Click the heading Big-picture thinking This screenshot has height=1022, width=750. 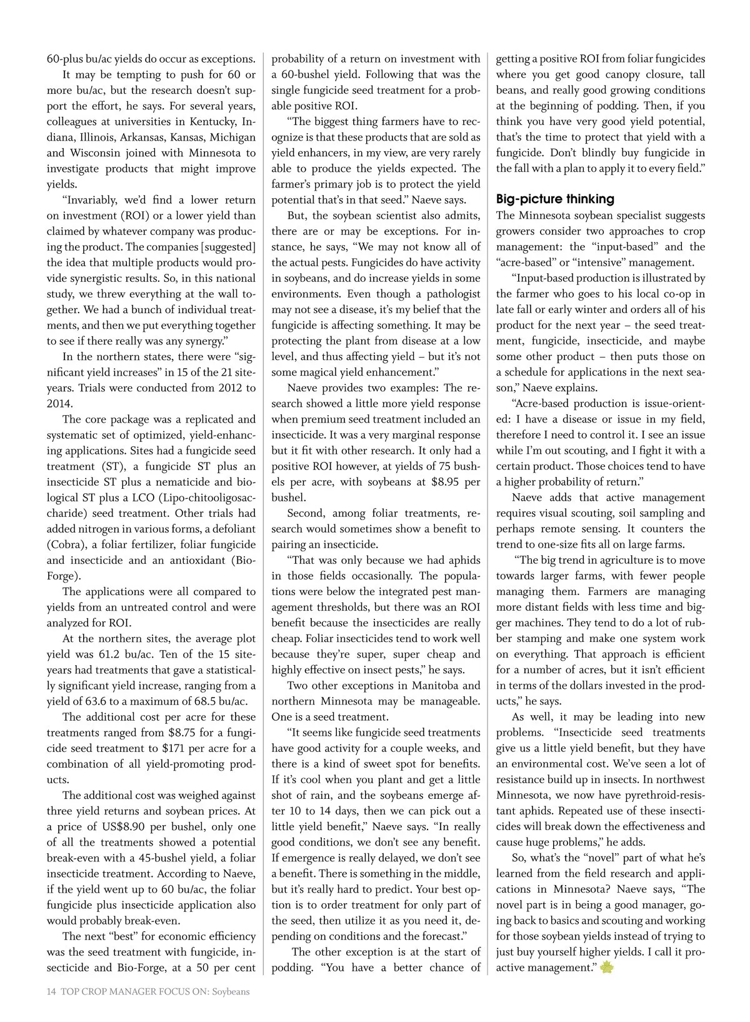[555, 199]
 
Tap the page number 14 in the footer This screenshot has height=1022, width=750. [52, 991]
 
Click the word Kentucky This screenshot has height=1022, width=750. [211, 121]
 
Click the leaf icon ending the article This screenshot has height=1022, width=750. [606, 968]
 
